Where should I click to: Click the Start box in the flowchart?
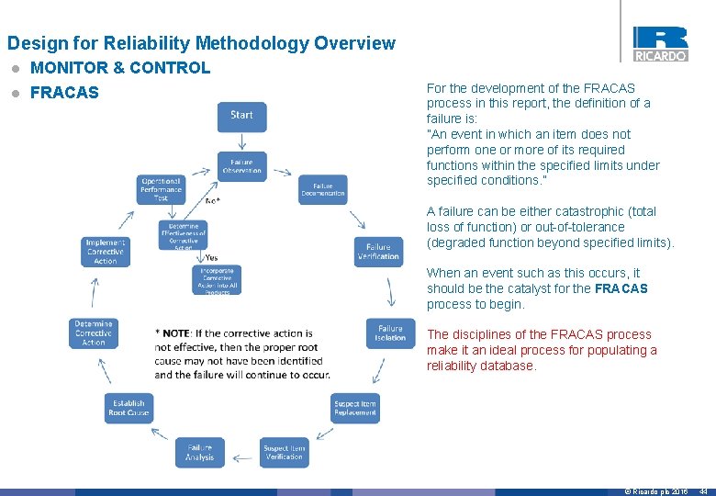pyautogui.click(x=241, y=116)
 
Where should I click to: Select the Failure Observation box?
pyautogui.click(x=241, y=166)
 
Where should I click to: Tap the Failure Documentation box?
pyautogui.click(x=323, y=189)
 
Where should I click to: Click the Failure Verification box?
pyautogui.click(x=378, y=252)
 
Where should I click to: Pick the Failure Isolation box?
pyautogui.click(x=390, y=333)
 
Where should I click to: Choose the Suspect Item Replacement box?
pyautogui.click(x=354, y=408)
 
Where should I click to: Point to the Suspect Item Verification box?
pyautogui.click(x=284, y=452)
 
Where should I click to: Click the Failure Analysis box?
pyautogui.click(x=199, y=452)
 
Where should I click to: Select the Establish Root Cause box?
pyautogui.click(x=129, y=408)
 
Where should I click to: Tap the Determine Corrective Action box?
pyautogui.click(x=94, y=333)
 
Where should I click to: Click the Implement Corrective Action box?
pyautogui.click(x=106, y=252)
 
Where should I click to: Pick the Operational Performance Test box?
pyautogui.click(x=161, y=189)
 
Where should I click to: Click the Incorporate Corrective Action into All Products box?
pyautogui.click(x=218, y=280)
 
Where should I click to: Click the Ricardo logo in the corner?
pyautogui.click(x=660, y=43)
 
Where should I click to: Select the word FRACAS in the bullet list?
pyautogui.click(x=64, y=93)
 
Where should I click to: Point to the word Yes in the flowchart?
pyautogui.click(x=212, y=258)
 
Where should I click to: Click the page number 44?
pyautogui.click(x=703, y=491)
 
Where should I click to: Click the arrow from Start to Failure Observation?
pyautogui.click(x=241, y=141)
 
